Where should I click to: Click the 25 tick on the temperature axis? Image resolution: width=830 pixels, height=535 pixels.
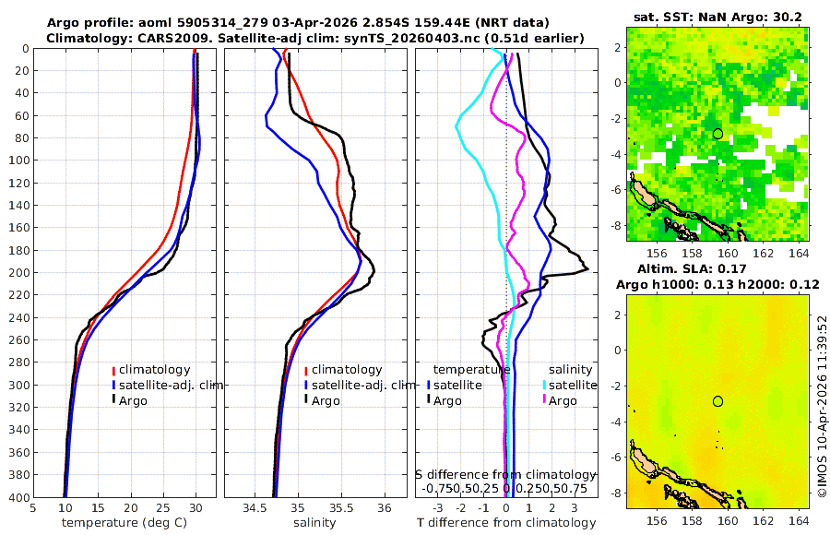(x=163, y=507)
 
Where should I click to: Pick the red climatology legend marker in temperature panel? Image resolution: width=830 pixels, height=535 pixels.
(x=114, y=370)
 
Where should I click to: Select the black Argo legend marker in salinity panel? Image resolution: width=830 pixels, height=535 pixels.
(x=305, y=400)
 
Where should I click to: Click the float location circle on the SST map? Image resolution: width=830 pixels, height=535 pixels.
(x=717, y=134)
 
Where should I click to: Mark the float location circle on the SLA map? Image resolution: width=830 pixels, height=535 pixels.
(x=717, y=400)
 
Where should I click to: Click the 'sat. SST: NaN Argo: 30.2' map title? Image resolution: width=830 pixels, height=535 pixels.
(x=717, y=18)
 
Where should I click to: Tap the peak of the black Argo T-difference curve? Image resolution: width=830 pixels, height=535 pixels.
(x=587, y=269)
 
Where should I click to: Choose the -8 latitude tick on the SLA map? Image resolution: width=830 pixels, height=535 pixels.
(x=617, y=492)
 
